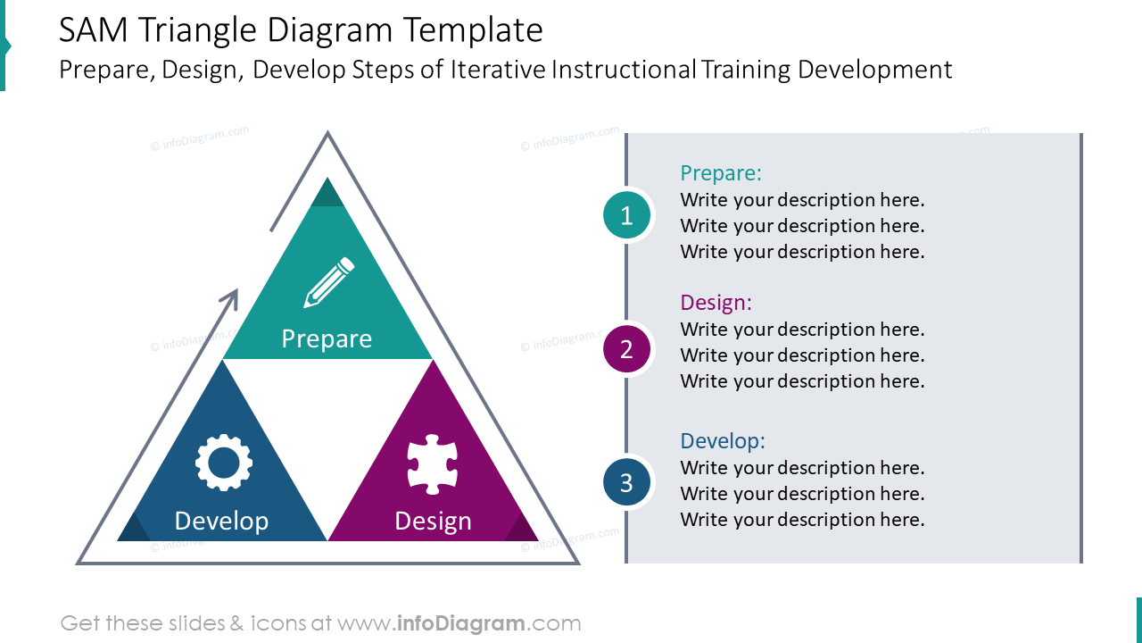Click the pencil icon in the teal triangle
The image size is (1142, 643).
[x=328, y=282]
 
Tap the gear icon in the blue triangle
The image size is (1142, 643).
[x=223, y=463]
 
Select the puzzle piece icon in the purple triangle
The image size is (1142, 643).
[x=433, y=463]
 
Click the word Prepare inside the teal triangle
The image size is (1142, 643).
[x=327, y=338]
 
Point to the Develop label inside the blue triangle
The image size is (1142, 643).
[x=221, y=521]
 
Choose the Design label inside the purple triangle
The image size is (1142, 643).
[x=433, y=521]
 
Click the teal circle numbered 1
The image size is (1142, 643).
[x=626, y=215]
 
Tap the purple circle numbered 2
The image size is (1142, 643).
[x=626, y=349]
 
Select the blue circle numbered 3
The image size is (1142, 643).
[x=626, y=483]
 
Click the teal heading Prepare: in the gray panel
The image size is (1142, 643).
[x=721, y=173]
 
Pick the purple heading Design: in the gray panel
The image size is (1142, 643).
[x=716, y=303]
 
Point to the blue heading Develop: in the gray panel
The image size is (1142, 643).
[x=723, y=441]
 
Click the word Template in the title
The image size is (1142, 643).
[x=472, y=31]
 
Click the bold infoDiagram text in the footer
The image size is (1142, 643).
[x=459, y=623]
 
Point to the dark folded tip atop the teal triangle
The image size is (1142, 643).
[x=327, y=194]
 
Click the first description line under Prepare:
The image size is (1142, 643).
[x=802, y=200]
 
